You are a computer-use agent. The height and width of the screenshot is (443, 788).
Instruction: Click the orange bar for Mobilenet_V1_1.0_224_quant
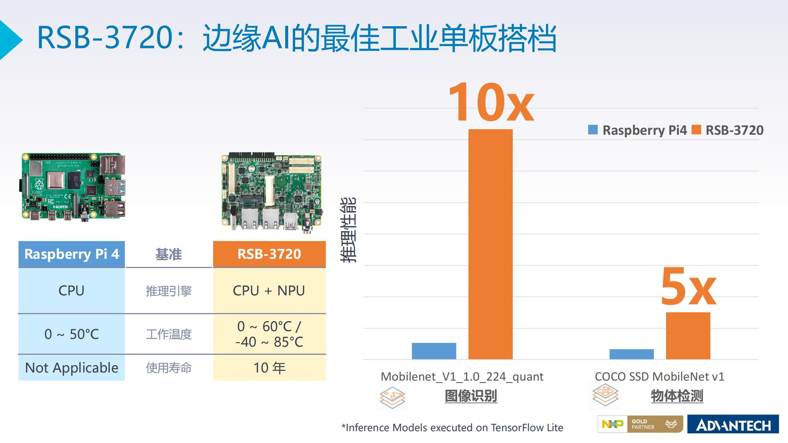pyautogui.click(x=490, y=244)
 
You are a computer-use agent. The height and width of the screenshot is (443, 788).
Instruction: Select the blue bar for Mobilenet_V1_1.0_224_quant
pyautogui.click(x=434, y=351)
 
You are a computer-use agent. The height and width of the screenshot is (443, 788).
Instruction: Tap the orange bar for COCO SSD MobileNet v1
pyautogui.click(x=688, y=336)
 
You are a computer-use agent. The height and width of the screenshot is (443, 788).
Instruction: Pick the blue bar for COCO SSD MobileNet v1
pyautogui.click(x=631, y=354)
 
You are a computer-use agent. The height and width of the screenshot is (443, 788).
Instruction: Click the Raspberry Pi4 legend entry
pyautogui.click(x=637, y=130)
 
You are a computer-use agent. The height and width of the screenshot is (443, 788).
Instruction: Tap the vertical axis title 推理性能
pyautogui.click(x=348, y=230)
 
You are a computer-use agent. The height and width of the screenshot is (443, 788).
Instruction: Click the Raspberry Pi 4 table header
pyautogui.click(x=72, y=254)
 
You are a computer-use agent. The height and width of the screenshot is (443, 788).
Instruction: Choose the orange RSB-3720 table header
pyautogui.click(x=269, y=254)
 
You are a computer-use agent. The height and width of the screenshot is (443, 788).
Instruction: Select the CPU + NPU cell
pyautogui.click(x=269, y=291)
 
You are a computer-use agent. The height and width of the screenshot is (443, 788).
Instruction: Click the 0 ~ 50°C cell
pyautogui.click(x=72, y=334)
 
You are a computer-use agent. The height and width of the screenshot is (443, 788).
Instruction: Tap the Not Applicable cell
pyautogui.click(x=72, y=368)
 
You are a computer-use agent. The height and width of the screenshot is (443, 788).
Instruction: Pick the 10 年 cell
pyautogui.click(x=269, y=368)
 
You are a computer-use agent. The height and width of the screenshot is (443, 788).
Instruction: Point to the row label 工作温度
pyautogui.click(x=169, y=334)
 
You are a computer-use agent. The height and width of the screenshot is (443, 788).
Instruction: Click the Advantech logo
pyautogui.click(x=733, y=424)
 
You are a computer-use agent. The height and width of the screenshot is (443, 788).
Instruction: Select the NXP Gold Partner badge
pyautogui.click(x=640, y=424)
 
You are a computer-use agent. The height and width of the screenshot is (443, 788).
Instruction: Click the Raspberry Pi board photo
pyautogui.click(x=72, y=187)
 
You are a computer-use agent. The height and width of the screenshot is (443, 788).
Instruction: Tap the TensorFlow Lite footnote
pyautogui.click(x=452, y=427)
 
